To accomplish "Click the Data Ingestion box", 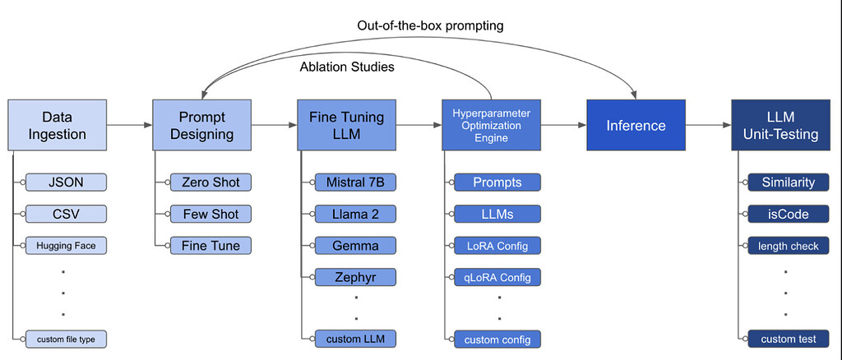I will (x=58, y=125).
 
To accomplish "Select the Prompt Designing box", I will (x=202, y=125).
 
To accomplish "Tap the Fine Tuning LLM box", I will (x=346, y=125).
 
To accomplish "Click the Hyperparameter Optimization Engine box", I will (x=491, y=125).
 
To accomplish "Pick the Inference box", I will (x=636, y=125).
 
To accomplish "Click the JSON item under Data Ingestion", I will (x=67, y=182).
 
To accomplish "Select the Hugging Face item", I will (x=67, y=245).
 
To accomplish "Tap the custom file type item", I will (x=67, y=338).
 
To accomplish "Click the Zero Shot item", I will (x=211, y=182).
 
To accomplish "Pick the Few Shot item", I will (x=211, y=214).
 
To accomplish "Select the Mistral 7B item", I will (x=355, y=182).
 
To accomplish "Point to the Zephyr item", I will (x=355, y=276).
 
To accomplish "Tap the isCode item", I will (x=789, y=214).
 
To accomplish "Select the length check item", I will (x=789, y=245).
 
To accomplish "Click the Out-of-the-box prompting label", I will (x=430, y=25).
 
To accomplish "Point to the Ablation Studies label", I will (x=347, y=67).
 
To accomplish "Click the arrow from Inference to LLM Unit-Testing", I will (x=708, y=125).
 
